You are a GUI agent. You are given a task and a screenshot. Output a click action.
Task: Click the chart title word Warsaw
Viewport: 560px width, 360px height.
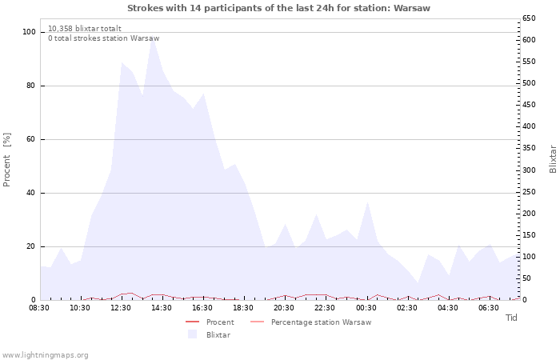coord(412,8)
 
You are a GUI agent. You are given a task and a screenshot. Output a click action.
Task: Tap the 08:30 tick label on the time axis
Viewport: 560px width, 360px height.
coord(39,308)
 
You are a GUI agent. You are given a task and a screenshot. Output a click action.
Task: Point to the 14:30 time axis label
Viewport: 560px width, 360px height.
coord(162,308)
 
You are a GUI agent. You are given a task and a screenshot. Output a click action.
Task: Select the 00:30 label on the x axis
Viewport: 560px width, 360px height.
coord(366,308)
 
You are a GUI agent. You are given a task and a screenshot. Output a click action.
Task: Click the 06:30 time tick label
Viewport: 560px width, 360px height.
coord(489,308)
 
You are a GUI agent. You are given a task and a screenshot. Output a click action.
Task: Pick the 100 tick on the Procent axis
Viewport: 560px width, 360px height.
coord(29,32)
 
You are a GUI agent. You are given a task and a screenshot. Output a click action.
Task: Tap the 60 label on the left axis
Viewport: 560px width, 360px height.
coord(31,139)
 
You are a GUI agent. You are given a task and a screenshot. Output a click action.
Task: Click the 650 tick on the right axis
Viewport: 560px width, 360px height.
coord(529,18)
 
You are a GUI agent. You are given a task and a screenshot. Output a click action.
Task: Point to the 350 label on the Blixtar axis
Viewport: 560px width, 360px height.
coord(529,148)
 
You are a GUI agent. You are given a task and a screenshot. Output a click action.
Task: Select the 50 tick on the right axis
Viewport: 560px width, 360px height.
coord(526,278)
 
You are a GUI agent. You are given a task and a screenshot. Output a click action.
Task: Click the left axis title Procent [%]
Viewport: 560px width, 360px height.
coord(6,160)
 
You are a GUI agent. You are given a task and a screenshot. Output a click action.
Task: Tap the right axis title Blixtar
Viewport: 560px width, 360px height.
coord(553,159)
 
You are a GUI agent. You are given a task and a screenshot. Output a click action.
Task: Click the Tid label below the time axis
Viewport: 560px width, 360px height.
coord(511,318)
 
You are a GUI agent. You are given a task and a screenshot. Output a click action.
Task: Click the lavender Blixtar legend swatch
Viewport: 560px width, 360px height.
coord(193,334)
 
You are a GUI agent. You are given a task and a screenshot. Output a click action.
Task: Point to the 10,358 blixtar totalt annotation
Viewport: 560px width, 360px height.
coord(85,29)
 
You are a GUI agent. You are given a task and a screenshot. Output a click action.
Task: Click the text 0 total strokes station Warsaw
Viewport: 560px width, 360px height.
coord(104,38)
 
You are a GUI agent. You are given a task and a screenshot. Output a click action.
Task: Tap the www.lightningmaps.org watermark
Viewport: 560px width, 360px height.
coord(45,355)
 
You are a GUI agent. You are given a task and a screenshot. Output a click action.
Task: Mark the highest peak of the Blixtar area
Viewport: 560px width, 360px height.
coord(154,37)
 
